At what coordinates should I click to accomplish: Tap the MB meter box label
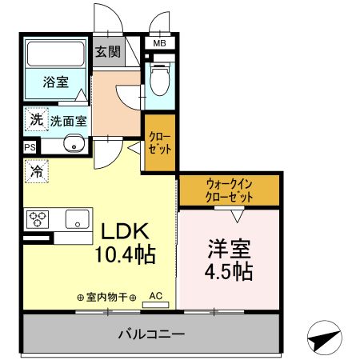tap(159, 43)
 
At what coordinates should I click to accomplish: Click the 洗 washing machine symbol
tap(36, 120)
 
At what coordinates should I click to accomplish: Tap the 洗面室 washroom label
tap(69, 122)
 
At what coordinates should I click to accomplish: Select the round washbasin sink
tap(74, 146)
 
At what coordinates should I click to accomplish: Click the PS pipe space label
tap(30, 148)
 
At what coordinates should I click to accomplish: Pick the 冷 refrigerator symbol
tap(36, 170)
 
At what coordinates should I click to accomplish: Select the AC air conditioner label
tap(155, 296)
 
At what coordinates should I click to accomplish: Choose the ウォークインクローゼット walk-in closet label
tap(229, 190)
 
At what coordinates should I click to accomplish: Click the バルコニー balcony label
tap(152, 333)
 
